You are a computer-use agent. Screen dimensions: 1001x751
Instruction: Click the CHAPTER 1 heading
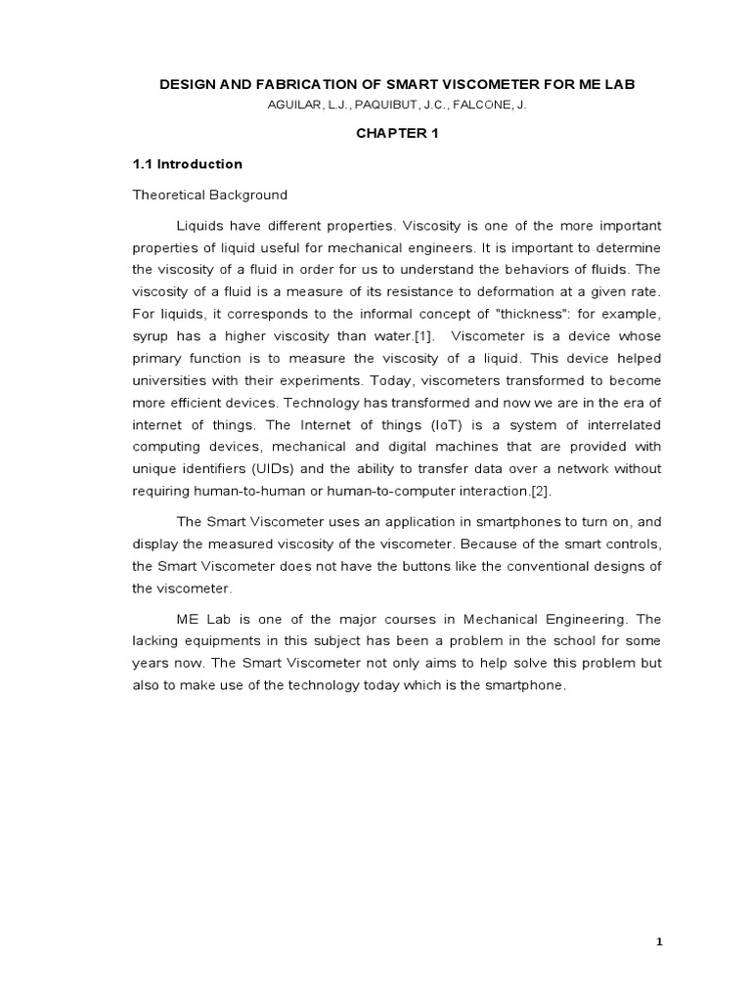click(397, 134)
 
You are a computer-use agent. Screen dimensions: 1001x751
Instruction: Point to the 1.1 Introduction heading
click(188, 164)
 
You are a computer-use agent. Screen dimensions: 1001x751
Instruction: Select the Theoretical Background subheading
click(210, 195)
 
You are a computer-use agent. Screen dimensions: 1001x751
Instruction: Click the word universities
click(175, 381)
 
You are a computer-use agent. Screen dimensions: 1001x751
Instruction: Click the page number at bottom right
click(659, 942)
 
